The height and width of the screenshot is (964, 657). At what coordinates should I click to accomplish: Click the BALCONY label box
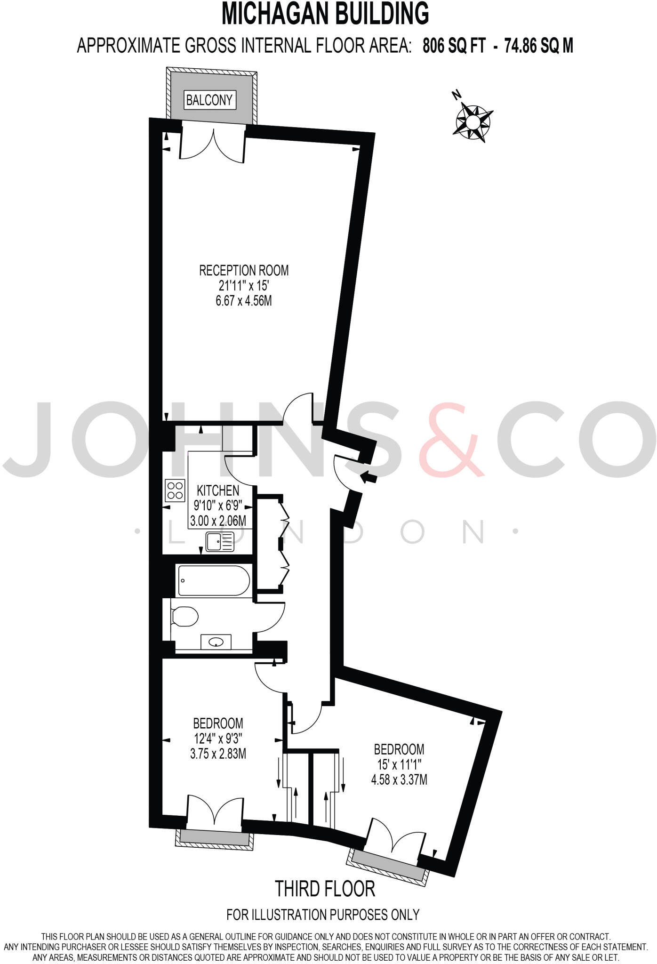click(209, 100)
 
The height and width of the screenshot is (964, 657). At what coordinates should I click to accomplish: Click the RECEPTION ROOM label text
click(244, 271)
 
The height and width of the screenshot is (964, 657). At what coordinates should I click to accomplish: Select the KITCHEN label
click(218, 490)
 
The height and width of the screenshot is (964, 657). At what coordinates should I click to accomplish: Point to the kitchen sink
click(220, 542)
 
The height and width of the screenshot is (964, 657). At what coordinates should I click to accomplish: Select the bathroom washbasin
click(216, 642)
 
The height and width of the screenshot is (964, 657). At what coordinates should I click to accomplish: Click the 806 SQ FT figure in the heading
click(454, 46)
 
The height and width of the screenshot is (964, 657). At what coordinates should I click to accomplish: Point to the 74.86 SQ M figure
click(539, 46)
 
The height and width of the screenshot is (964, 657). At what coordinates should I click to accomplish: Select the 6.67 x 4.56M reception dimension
click(244, 300)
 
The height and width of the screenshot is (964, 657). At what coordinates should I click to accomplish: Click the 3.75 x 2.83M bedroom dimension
click(218, 754)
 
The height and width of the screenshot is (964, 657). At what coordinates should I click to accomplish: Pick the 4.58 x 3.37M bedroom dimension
click(399, 780)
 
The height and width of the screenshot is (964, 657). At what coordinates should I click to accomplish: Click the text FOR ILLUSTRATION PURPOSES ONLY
click(323, 915)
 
